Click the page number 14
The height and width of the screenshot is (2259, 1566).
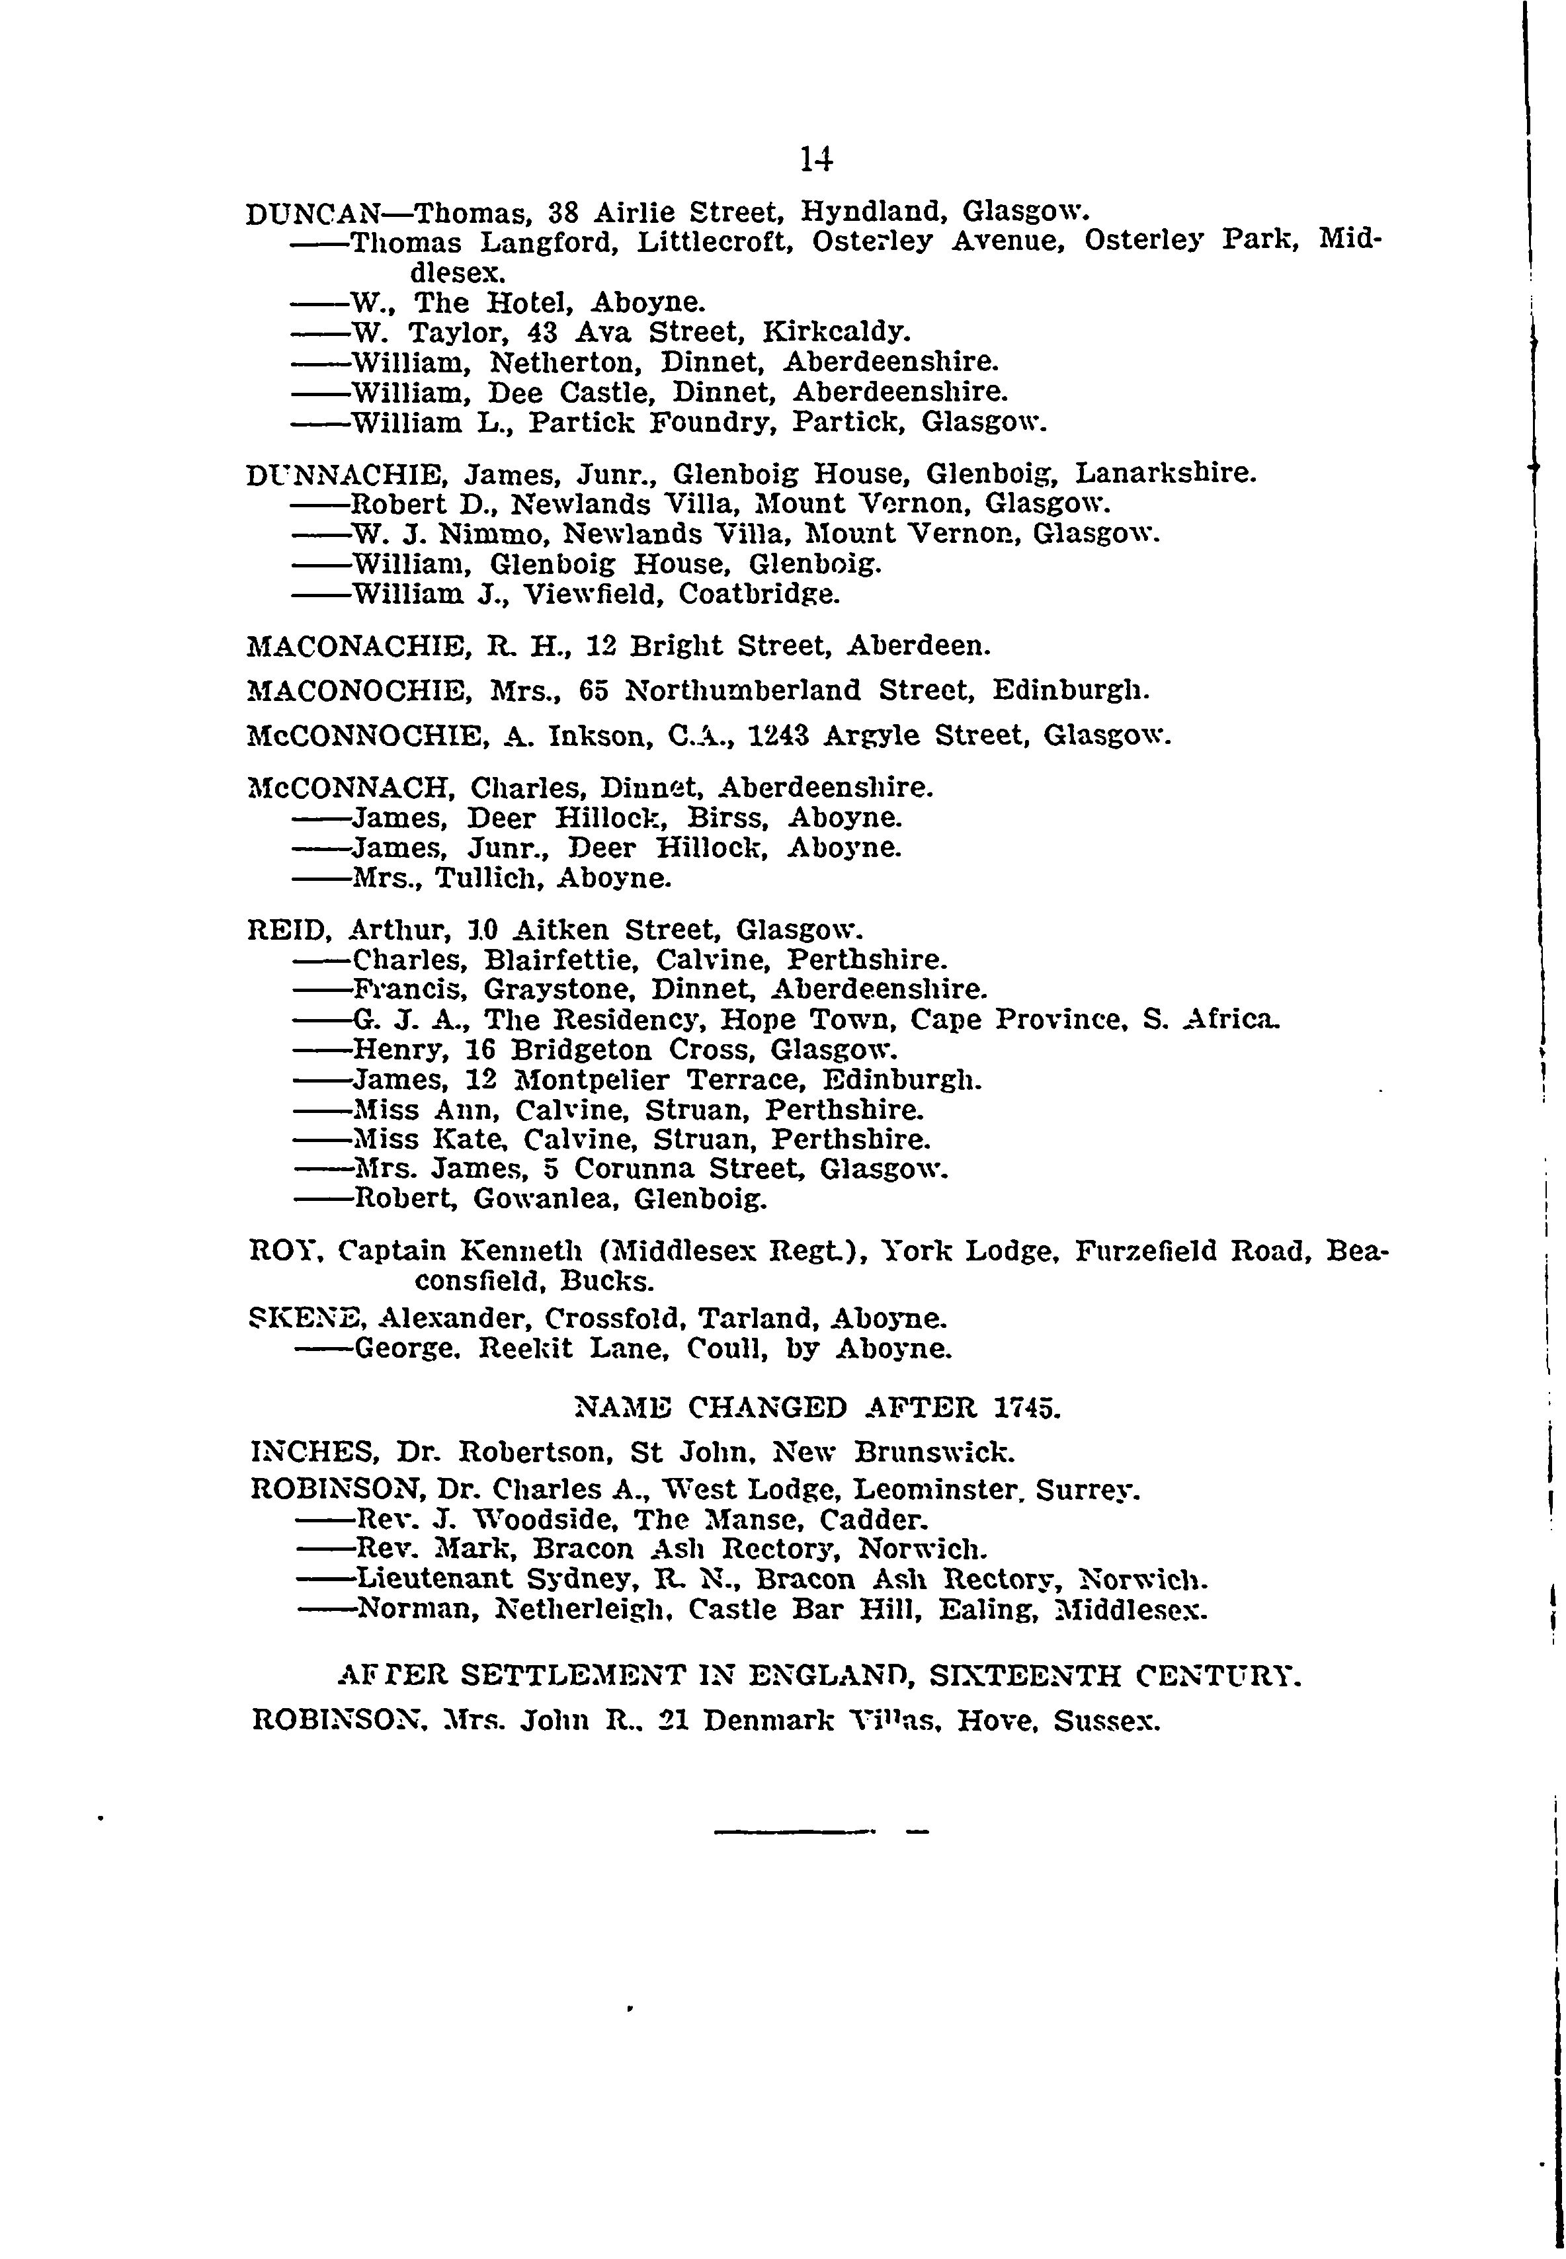[816, 159]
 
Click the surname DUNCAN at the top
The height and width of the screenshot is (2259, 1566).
[313, 213]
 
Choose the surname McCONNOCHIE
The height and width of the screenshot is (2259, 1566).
[369, 735]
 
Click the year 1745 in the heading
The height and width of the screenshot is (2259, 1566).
[1026, 1409]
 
